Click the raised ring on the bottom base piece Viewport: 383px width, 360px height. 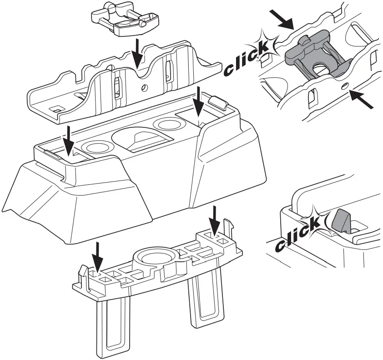point(155,258)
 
